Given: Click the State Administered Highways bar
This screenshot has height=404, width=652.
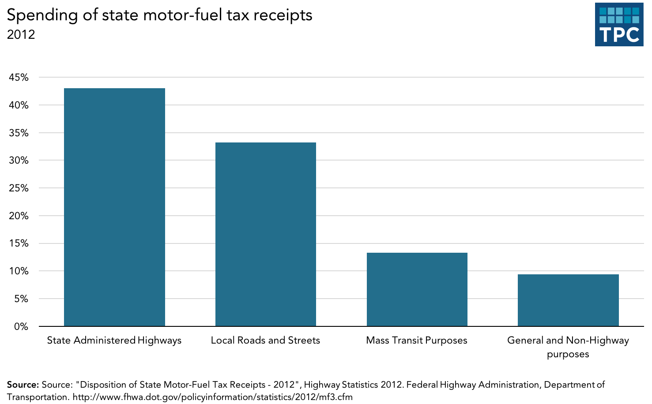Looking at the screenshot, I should pos(114,207).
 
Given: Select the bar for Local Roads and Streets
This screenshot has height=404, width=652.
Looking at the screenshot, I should pos(265,234).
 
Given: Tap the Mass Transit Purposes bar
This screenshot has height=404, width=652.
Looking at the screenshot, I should pos(417,289).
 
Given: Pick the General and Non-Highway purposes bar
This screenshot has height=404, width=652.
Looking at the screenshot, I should pos(568,300).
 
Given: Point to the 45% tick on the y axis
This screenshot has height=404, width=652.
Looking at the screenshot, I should pos(19,78).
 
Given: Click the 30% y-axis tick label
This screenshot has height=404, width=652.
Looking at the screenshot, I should pos(19,161).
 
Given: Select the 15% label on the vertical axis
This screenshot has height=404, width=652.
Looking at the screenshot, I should pos(19,243).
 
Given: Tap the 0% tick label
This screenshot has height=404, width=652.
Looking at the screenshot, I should pos(21,327).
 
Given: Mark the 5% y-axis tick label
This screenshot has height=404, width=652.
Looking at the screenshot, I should pos(21,299).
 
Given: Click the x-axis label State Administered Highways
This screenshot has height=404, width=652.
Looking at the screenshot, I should pos(114,340).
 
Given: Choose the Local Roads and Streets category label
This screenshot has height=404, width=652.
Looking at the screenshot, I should pos(265,340).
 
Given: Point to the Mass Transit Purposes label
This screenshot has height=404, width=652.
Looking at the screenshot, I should pos(417,340).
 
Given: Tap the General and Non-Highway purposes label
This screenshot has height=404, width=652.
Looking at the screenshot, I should pos(568,347).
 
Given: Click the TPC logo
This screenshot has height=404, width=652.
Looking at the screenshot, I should pos(619,24).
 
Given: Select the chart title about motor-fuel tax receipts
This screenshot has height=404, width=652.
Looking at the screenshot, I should pos(159,15).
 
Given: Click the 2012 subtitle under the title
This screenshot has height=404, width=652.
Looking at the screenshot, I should pos(21,34).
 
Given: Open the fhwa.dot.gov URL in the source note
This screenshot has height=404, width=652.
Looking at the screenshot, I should pos(212,397).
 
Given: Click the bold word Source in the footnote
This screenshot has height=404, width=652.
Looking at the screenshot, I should pos(23,385).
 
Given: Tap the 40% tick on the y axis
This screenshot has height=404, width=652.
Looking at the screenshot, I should pos(19,105).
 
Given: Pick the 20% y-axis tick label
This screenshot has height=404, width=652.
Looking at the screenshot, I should pos(19,216).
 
